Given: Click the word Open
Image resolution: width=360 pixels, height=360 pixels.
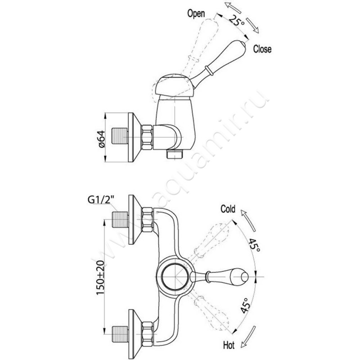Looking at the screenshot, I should click(196, 13).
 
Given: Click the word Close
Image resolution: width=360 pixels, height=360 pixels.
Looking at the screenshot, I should click(262, 49).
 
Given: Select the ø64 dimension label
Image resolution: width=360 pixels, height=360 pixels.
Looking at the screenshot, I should click(101, 137).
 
